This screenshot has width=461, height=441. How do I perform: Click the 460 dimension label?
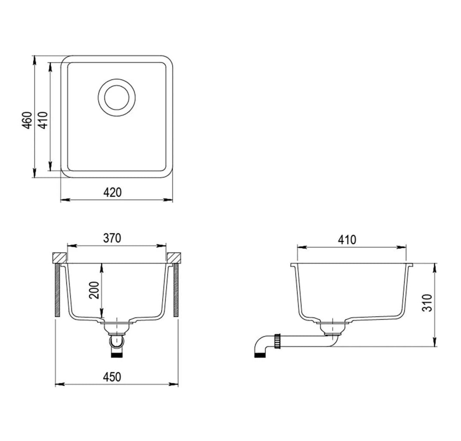(x=27, y=120)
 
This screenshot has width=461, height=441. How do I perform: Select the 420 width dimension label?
(x=112, y=193)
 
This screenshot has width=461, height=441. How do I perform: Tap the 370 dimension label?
(x=112, y=238)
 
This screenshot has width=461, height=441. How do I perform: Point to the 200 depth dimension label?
(x=94, y=290)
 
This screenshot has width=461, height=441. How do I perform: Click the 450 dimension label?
(x=112, y=377)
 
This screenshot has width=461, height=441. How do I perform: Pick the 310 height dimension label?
(x=427, y=303)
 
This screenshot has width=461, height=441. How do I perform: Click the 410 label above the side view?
(x=347, y=239)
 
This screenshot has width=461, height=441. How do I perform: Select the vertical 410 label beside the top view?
(x=43, y=120)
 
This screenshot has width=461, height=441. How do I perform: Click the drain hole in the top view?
(x=117, y=98)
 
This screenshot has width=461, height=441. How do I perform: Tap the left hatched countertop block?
(x=59, y=258)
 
